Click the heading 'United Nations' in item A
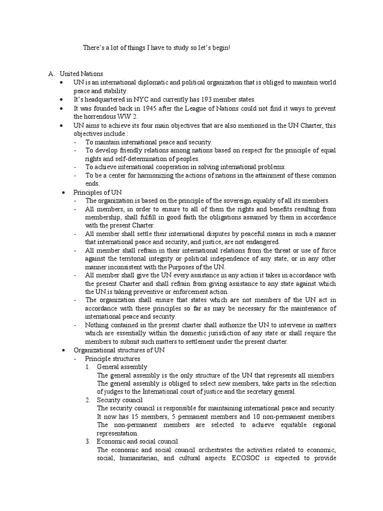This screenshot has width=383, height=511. tap(81, 74)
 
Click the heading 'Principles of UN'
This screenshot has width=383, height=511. tap(97, 192)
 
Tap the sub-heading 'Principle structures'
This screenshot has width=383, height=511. tap(112, 359)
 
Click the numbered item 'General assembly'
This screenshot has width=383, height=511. tap(122, 367)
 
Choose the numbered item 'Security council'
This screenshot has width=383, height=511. tap(120, 400)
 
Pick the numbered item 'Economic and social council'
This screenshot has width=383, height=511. tap(137, 442)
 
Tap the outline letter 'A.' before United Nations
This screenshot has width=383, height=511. tap(51, 74)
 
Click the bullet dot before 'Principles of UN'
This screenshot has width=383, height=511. tap(63, 192)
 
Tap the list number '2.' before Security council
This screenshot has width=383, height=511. tap(87, 400)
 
